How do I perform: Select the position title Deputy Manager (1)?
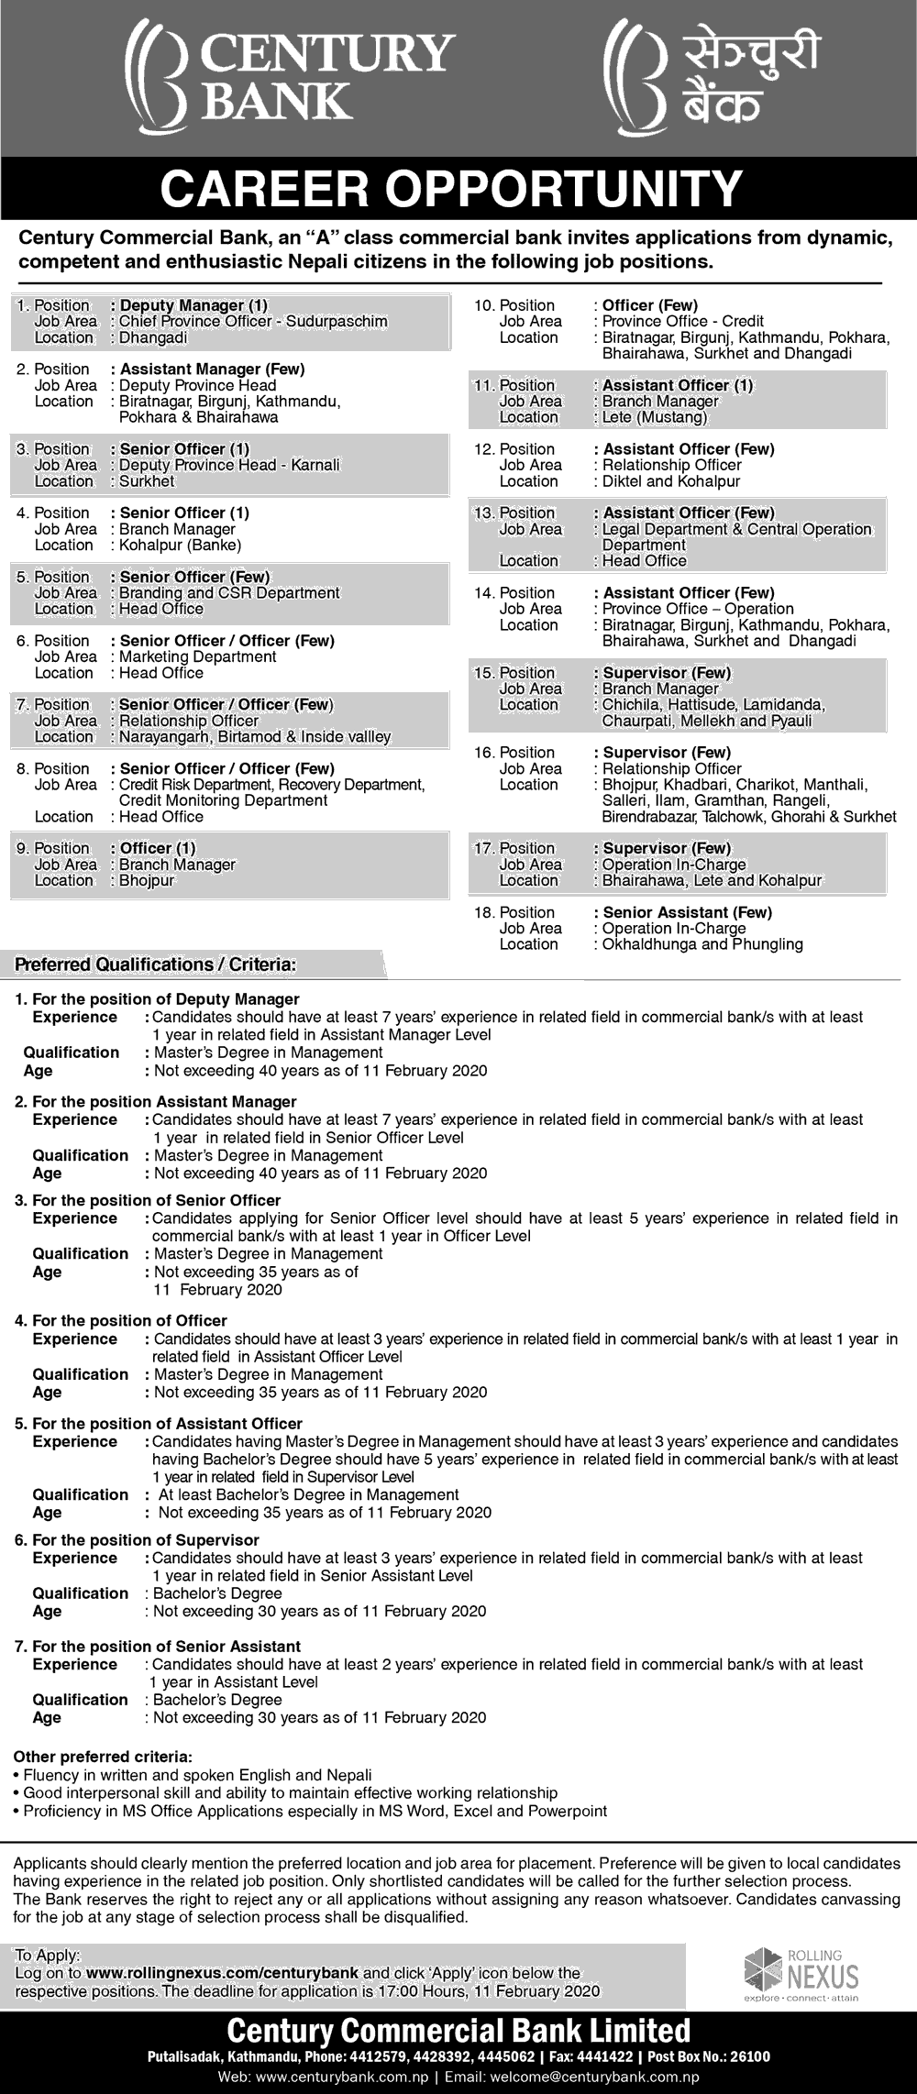point(193,305)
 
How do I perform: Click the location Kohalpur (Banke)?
point(180,546)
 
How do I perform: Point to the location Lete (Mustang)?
point(655,417)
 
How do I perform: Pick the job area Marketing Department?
point(198,656)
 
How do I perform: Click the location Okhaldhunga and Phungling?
point(702,944)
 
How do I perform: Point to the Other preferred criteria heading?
point(103,1758)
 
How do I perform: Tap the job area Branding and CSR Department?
point(229,593)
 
